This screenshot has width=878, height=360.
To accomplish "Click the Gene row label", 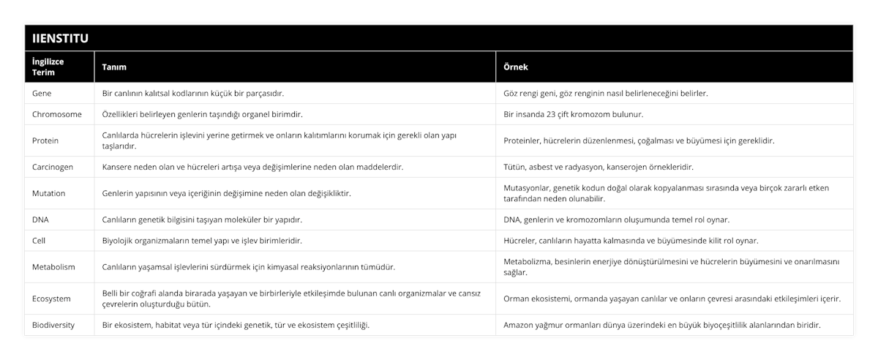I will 43,94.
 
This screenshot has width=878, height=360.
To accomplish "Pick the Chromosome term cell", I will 58,114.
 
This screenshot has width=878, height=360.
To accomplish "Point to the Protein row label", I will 46,140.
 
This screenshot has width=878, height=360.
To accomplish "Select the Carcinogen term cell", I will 53,167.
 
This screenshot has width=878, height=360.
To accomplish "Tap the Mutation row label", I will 50,193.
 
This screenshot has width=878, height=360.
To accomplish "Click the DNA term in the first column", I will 42,220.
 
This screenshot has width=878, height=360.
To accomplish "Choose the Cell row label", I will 40,240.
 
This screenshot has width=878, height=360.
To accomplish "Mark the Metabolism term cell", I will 54,267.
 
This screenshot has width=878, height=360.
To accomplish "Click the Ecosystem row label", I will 52,299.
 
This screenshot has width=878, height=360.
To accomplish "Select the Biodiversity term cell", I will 53,325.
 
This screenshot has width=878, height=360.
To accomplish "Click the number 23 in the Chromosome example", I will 564,114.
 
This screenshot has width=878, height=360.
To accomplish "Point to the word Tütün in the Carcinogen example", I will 515,167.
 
